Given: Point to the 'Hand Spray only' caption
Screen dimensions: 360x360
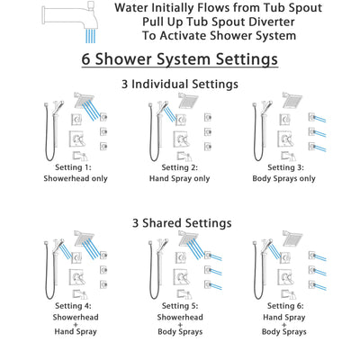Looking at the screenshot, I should click(x=181, y=177).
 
